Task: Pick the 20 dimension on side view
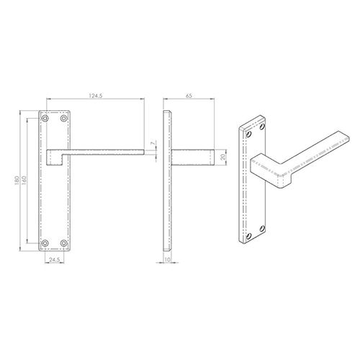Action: pyautogui.click(x=223, y=156)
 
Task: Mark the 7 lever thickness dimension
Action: pyautogui.click(x=152, y=146)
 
